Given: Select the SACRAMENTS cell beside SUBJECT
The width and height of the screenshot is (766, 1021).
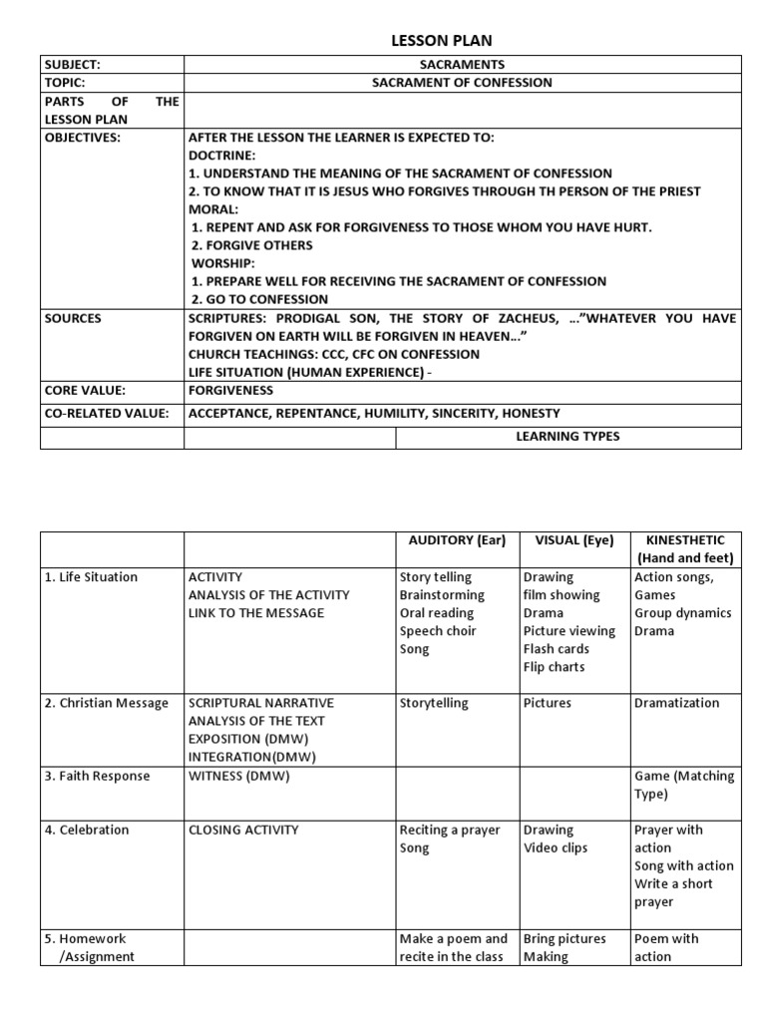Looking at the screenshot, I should pos(462,65).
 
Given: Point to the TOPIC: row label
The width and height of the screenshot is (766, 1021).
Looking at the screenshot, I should pos(65,83).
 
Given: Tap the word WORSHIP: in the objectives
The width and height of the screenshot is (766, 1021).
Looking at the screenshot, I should pos(223,263).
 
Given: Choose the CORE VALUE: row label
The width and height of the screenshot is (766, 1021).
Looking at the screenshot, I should pos(86,390).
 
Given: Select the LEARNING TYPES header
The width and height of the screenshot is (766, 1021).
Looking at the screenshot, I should pos(568,437).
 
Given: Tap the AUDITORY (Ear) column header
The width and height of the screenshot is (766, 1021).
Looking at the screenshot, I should pos(458,541).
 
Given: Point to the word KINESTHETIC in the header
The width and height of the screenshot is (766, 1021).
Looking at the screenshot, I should pos(685,540).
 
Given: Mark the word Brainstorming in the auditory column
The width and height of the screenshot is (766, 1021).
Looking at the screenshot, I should pos(442,595).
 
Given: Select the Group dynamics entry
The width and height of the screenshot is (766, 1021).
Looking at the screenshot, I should pos(682,613).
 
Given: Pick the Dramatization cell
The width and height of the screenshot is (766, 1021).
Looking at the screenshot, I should pos(676,703).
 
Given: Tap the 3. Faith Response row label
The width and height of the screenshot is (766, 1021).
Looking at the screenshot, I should pos(97,776).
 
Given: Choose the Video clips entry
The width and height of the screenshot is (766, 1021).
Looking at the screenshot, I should pos(556,848).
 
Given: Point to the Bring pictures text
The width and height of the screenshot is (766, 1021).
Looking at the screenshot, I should pos(564,938).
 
